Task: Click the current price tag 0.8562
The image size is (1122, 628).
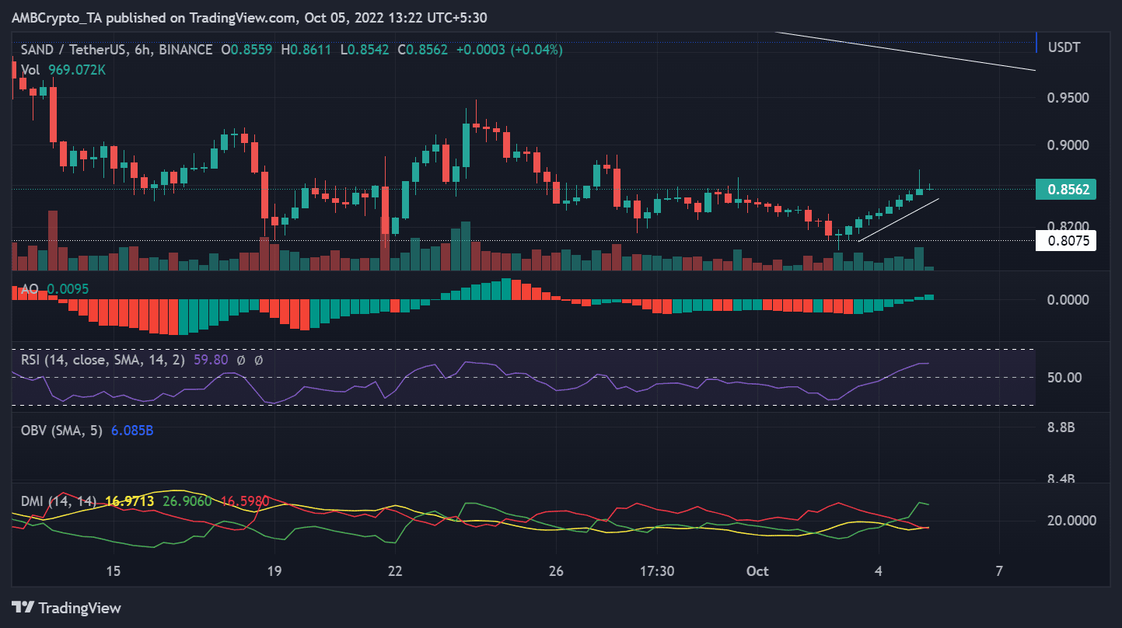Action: (1066, 189)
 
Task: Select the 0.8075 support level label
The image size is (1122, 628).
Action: (1066, 241)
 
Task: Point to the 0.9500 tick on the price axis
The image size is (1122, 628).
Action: (1066, 98)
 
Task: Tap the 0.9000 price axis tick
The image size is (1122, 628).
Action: (1066, 145)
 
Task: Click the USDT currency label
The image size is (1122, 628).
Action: (1064, 47)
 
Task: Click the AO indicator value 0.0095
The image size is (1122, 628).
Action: (68, 288)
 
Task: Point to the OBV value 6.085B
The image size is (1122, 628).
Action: (132, 430)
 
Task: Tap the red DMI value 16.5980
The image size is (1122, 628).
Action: (245, 501)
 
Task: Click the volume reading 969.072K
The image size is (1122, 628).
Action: (75, 69)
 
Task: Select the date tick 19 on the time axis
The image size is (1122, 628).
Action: (274, 571)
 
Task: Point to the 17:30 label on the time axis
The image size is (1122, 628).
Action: (656, 571)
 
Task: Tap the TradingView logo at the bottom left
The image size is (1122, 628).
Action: (66, 607)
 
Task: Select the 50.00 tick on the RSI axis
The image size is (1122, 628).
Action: (1064, 378)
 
